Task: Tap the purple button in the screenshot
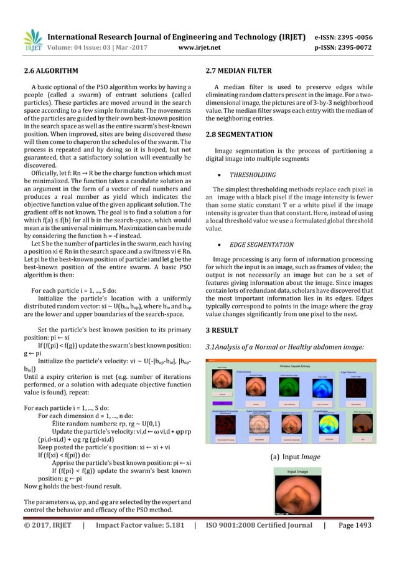222,403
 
